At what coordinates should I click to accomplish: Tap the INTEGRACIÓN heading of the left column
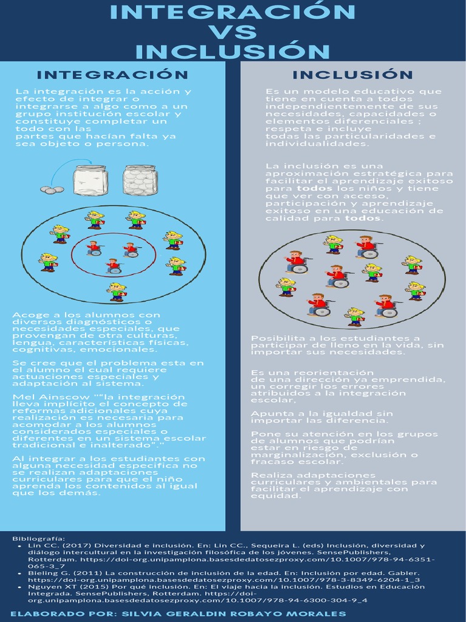coord(112,75)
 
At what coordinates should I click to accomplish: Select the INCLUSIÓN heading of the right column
coord(353,75)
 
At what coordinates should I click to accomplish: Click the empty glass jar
coord(90,180)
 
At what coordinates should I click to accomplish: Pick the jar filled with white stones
coord(140,180)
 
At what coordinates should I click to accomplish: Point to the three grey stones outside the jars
coord(52,190)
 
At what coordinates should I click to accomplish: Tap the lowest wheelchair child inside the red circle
coord(113,265)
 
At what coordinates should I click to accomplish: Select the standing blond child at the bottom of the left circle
coord(116,292)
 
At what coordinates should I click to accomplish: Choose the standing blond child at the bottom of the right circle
coord(355,316)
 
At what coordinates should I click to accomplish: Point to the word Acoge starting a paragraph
coord(27,315)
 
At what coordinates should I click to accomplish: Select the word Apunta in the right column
coord(268,414)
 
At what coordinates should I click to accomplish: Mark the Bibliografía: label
coord(38,538)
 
